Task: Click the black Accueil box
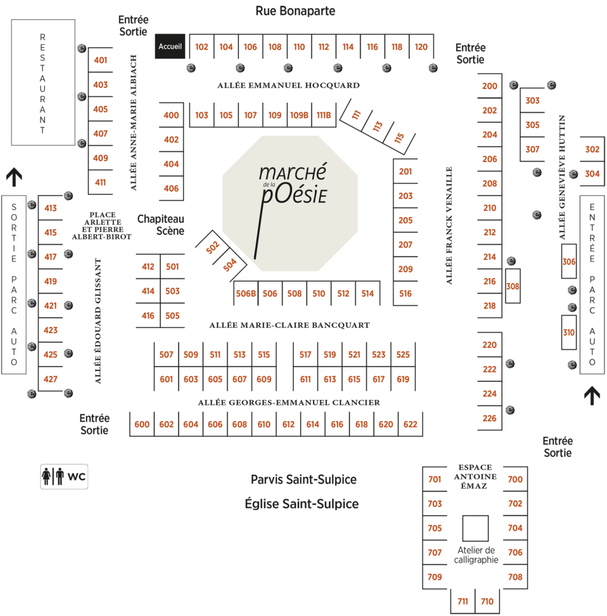[170, 47]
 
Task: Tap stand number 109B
[299, 115]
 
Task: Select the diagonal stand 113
[378, 127]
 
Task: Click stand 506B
[246, 294]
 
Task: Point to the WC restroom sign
[64, 477]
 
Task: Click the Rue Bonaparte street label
[296, 11]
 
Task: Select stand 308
[513, 286]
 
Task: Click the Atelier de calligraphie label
[476, 555]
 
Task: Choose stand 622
[410, 424]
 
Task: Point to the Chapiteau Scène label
[161, 225]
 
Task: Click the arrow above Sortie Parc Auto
[14, 177]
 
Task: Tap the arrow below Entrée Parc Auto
[592, 395]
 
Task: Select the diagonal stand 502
[212, 248]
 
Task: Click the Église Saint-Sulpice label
[302, 504]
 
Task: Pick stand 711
[463, 601]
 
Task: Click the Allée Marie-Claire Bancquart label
[290, 325]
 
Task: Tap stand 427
[51, 379]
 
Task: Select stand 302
[593, 150]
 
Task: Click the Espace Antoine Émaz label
[475, 477]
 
